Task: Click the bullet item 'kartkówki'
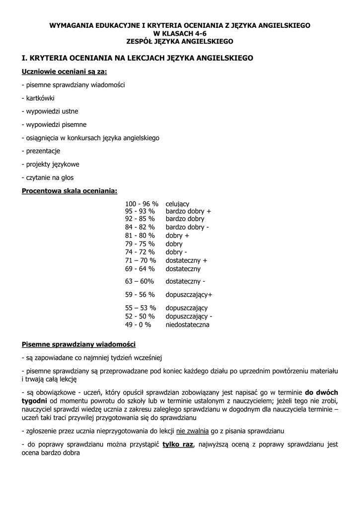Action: coord(39,98)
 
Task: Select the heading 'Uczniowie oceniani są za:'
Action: coord(65,71)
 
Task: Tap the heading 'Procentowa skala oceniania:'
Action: coord(70,190)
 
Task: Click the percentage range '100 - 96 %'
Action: coord(142,204)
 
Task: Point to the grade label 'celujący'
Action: coord(177,204)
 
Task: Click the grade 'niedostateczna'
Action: coord(188,325)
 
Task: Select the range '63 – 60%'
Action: coord(140,281)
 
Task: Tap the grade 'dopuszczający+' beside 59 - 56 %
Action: coord(189,295)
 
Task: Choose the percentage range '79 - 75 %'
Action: coord(140,244)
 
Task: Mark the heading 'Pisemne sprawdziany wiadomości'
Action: coord(78,344)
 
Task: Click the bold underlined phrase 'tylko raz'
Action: coord(177,444)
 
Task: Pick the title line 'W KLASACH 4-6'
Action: coord(180,32)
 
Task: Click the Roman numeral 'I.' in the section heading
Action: coord(25,58)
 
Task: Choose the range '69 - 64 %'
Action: coord(140,269)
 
